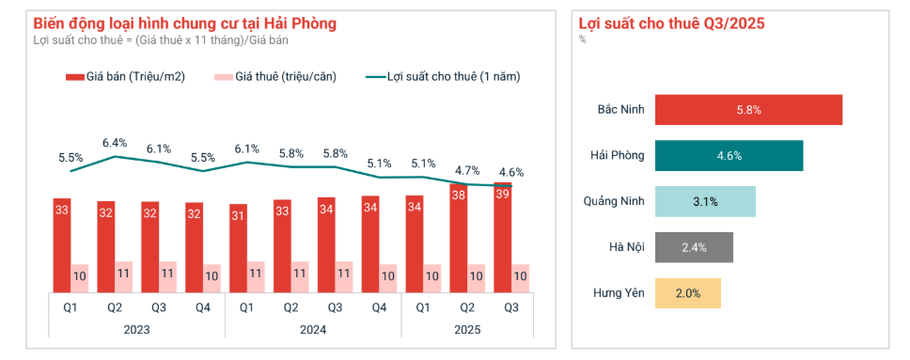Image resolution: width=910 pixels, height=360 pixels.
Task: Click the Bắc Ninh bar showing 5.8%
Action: (747, 110)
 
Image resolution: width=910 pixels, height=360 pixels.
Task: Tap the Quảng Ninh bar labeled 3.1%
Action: (704, 201)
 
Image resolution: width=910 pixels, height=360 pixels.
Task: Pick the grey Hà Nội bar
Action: (693, 247)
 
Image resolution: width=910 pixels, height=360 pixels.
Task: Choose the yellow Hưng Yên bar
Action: (687, 293)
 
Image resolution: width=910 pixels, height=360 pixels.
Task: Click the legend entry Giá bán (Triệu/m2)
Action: (125, 77)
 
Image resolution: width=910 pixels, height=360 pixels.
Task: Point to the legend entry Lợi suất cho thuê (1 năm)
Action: (442, 77)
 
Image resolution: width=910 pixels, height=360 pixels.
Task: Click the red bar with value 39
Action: (503, 235)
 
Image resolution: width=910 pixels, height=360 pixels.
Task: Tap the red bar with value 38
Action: (459, 238)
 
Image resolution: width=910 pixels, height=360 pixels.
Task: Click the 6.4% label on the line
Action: (115, 143)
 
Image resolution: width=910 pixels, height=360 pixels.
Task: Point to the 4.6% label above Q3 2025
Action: (510, 172)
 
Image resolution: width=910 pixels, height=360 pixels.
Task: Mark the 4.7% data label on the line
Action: (466, 170)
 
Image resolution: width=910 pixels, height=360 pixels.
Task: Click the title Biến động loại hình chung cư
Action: (184, 22)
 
